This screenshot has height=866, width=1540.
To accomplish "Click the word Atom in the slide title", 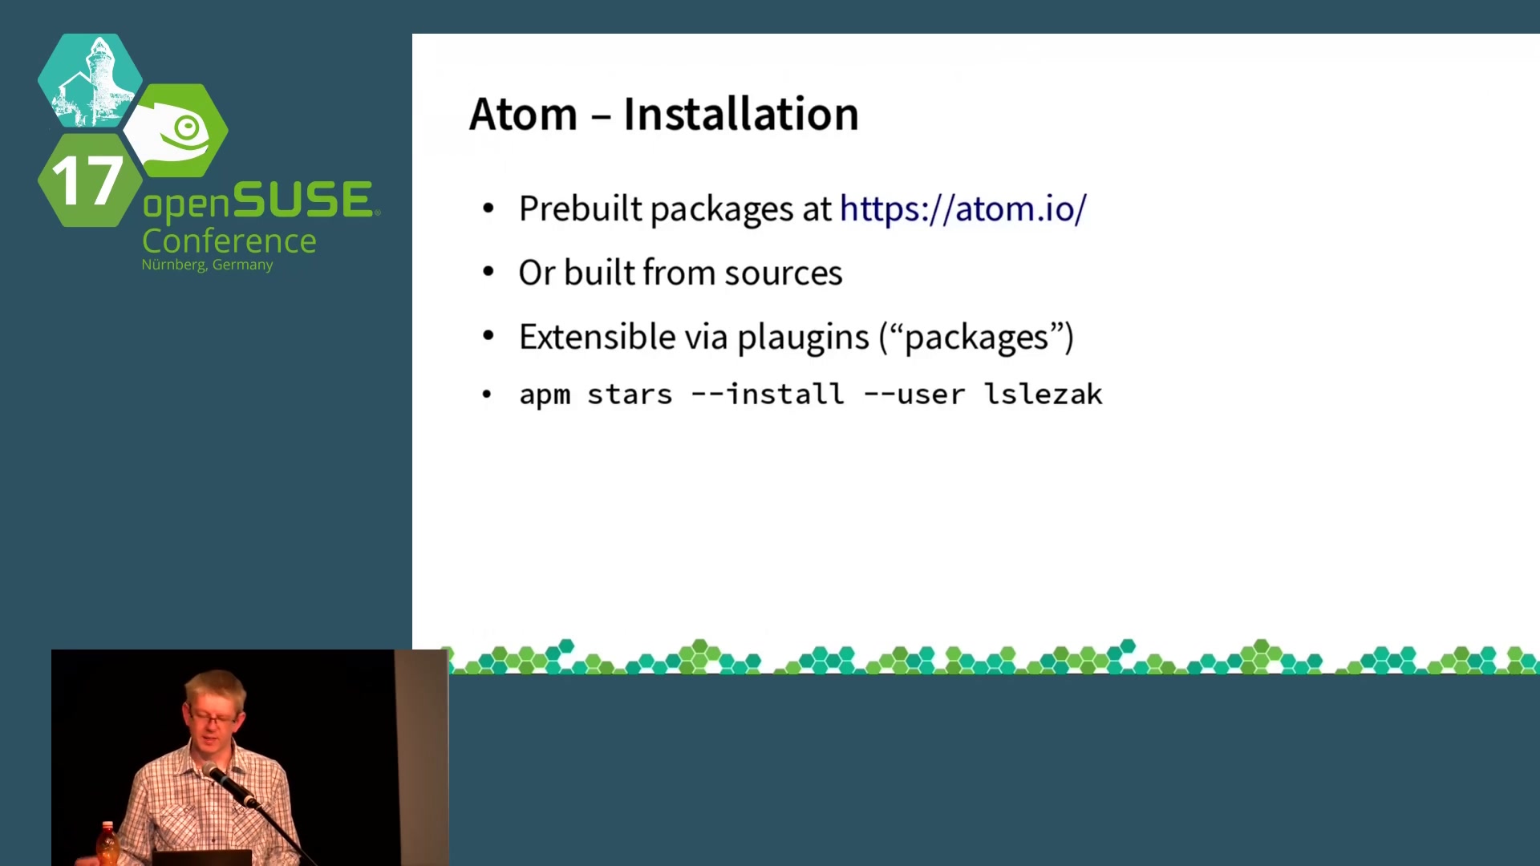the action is coord(523,114).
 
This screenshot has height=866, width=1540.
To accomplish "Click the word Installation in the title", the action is coord(741,114).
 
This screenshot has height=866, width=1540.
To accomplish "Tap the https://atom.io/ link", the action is coord(962,208).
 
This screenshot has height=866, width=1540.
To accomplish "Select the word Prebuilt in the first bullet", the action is coord(581,208).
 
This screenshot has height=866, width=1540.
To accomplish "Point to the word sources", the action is coord(784,273).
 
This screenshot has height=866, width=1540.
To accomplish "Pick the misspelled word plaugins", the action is coord(803,338).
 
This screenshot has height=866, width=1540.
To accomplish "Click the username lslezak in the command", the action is coord(1044,394).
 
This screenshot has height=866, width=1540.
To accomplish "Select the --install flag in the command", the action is coord(768,394).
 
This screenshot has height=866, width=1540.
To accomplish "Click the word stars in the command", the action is coord(630,395).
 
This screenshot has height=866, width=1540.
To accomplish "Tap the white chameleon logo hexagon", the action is coord(177,131).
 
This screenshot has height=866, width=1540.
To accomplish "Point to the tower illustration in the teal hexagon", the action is coord(91,80).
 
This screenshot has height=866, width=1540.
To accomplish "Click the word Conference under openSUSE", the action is coord(229,241).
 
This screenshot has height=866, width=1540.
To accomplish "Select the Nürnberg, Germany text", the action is coord(207,265).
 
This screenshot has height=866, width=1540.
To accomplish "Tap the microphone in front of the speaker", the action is coord(229,783).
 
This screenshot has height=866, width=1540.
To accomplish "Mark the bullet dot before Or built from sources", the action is coord(488,273).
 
